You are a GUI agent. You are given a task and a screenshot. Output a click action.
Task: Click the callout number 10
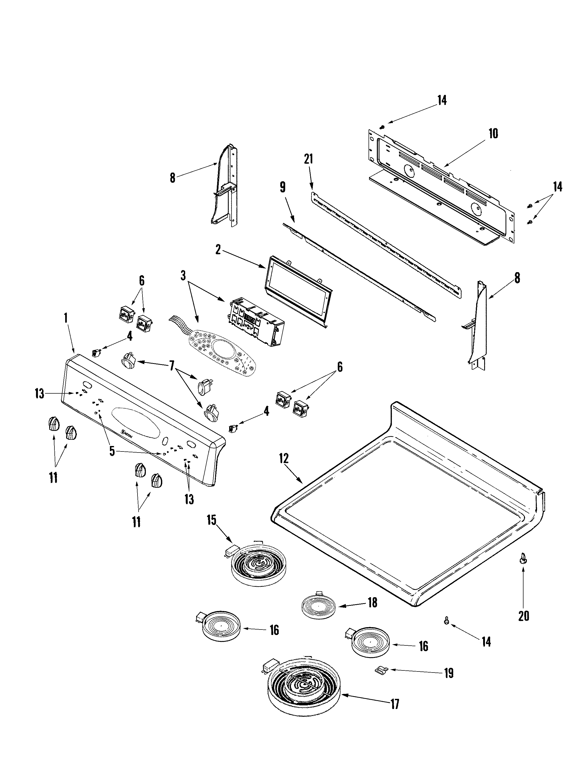[x=493, y=134]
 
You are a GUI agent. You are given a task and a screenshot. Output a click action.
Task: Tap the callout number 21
[x=308, y=159]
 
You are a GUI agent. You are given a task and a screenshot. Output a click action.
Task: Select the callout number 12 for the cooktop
[x=284, y=459]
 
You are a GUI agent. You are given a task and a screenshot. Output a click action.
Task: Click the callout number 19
[x=448, y=674]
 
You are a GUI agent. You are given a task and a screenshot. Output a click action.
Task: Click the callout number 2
[x=218, y=250]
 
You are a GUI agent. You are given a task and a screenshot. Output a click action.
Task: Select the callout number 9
[x=283, y=187]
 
